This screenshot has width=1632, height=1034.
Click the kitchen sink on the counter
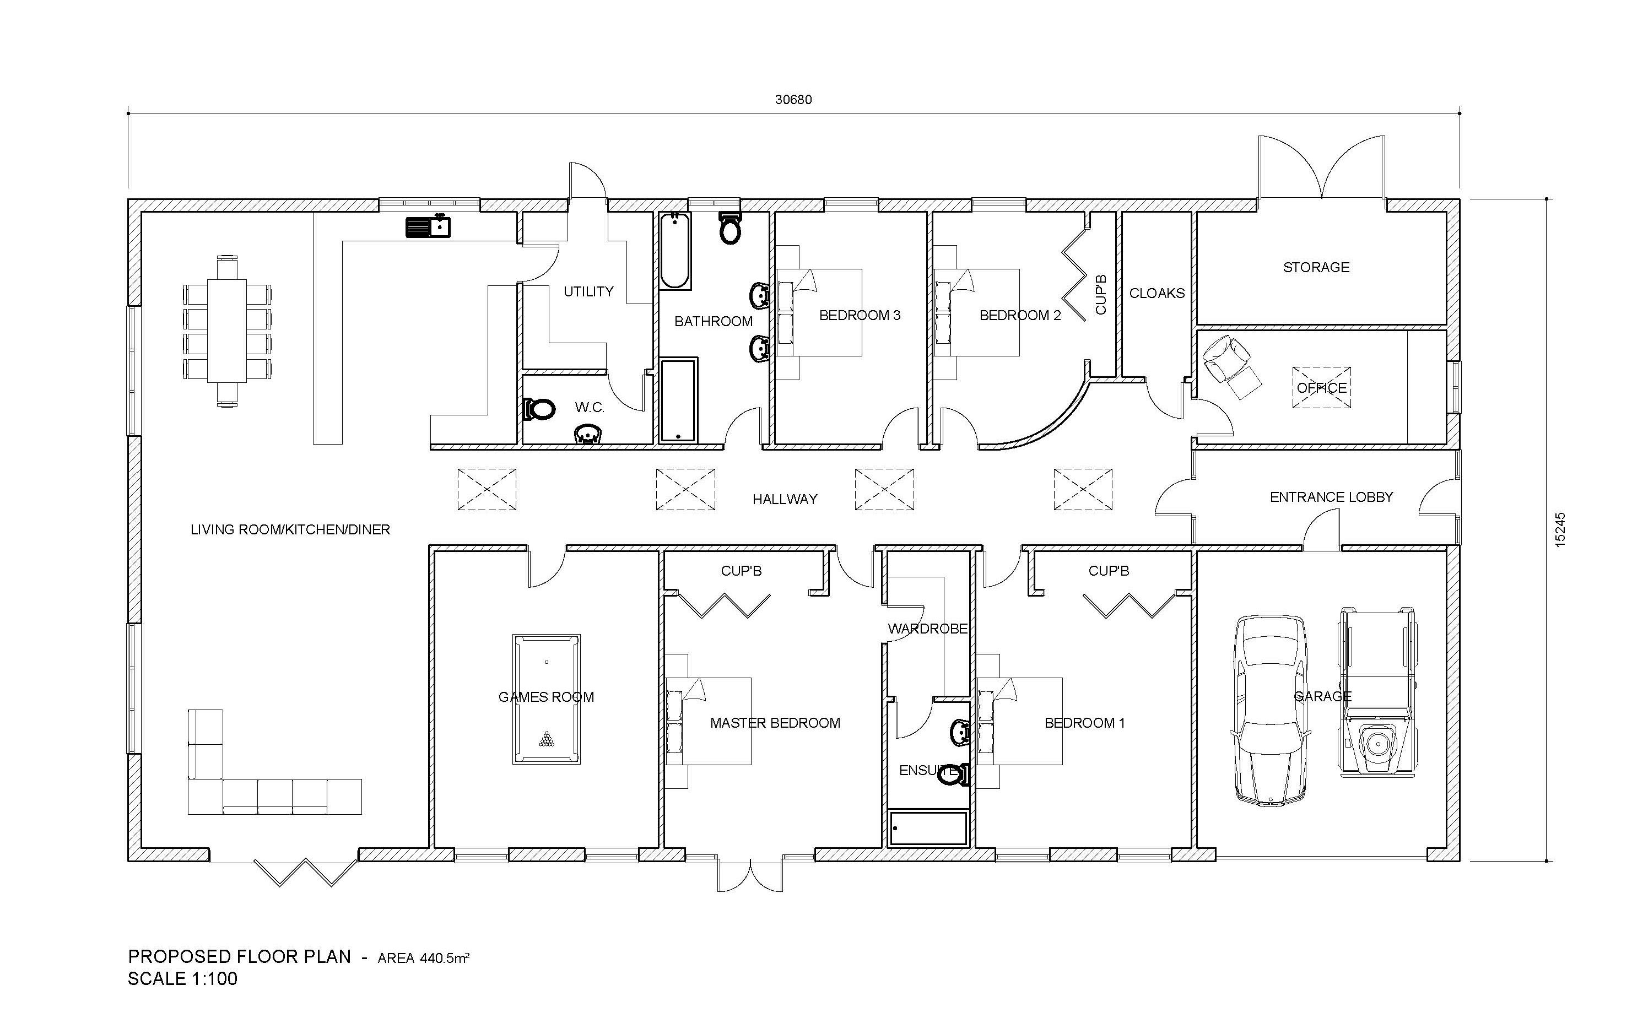point(428,226)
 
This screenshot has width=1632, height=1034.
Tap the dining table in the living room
point(227,331)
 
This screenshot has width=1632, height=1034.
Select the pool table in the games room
point(546,699)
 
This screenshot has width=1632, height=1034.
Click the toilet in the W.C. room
point(539,409)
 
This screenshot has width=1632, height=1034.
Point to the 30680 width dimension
point(793,100)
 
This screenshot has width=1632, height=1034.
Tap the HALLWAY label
point(785,500)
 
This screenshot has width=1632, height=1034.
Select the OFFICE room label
point(1322,388)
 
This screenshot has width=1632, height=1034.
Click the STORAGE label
point(1316,268)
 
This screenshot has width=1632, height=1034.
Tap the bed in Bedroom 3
point(819,312)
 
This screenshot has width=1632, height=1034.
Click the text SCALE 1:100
point(183,979)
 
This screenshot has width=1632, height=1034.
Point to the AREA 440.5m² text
point(424,959)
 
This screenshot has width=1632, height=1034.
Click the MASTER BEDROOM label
point(775,723)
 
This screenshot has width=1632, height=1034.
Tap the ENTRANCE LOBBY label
point(1331,497)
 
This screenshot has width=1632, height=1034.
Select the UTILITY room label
point(588,291)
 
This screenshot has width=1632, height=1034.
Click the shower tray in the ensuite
point(928,828)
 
